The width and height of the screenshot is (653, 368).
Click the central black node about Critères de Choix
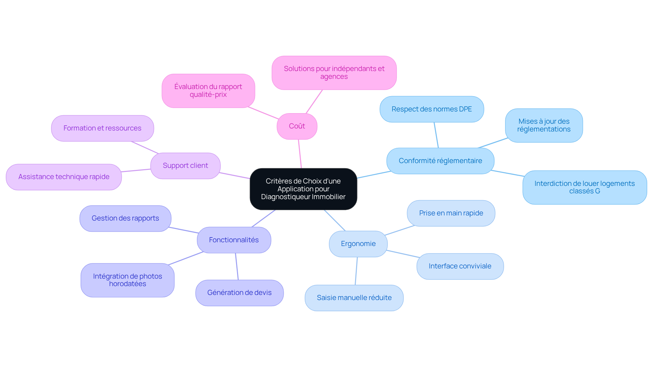pyautogui.click(x=303, y=189)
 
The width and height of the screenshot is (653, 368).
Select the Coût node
pyautogui.click(x=297, y=126)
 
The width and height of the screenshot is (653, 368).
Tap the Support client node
pyautogui.click(x=185, y=165)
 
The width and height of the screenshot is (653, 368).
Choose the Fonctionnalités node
pyautogui.click(x=234, y=240)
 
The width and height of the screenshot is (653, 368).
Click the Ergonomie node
pyautogui.click(x=358, y=244)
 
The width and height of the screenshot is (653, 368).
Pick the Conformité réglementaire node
pyautogui.click(x=440, y=161)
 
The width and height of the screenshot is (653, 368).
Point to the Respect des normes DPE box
pyautogui.click(x=432, y=109)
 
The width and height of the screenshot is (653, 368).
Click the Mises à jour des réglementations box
pyautogui.click(x=544, y=125)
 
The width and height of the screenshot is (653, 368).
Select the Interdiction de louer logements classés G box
pyautogui.click(x=585, y=187)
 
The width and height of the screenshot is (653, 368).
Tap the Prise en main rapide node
pyautogui.click(x=451, y=213)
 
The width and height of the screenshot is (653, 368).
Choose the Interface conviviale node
pyautogui.click(x=460, y=266)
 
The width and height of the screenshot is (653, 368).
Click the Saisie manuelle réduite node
pyautogui.click(x=354, y=298)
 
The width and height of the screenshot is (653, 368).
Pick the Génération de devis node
pyautogui.click(x=239, y=293)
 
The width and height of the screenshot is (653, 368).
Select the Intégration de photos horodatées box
pyautogui.click(x=128, y=280)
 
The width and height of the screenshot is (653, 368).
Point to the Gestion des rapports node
pyautogui.click(x=125, y=218)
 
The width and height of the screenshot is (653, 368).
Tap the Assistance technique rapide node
pyautogui.click(x=64, y=177)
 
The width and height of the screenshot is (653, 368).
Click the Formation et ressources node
pyautogui.click(x=102, y=128)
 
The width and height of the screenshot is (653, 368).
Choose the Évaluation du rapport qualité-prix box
pyautogui.click(x=208, y=91)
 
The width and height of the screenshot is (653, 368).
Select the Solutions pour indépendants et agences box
pyautogui.click(x=334, y=73)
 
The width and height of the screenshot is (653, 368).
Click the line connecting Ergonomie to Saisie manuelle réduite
pyautogui.click(x=356, y=271)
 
